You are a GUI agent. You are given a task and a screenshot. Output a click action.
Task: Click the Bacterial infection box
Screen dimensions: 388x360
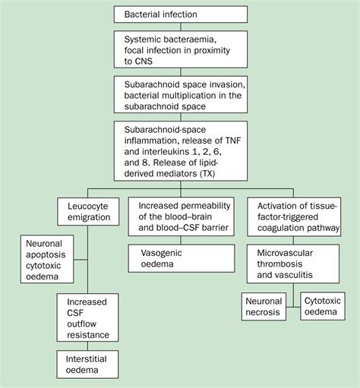tap(179, 14)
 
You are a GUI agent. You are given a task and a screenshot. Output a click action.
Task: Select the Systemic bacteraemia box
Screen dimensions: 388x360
tap(179, 51)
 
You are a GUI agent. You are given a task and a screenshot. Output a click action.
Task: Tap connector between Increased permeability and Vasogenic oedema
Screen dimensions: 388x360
tap(179, 241)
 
